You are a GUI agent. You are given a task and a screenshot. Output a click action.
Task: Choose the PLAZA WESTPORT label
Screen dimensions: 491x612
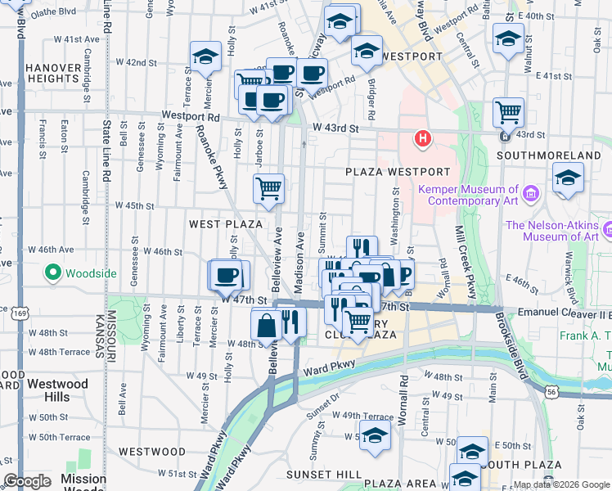[397, 172]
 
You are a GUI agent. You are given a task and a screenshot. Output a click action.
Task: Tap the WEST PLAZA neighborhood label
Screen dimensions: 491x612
[226, 224]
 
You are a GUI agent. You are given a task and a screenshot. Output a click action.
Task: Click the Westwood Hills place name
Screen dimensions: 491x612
[57, 390]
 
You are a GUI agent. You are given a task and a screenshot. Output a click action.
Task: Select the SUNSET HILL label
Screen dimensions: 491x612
[317, 475]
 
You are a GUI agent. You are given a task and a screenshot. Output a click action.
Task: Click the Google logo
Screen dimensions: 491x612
[27, 481]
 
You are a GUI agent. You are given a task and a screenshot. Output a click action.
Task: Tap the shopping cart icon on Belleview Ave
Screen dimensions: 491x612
[268, 189]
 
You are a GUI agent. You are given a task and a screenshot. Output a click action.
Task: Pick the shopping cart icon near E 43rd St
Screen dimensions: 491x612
[509, 110]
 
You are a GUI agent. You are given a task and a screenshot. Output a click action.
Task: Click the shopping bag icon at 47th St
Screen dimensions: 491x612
[267, 324]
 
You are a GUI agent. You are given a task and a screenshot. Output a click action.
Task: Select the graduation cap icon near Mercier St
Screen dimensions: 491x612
[205, 56]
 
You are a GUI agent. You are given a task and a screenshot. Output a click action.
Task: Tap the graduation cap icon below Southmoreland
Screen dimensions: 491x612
[567, 178]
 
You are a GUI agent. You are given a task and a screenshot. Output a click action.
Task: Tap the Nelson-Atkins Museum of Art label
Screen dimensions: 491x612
[552, 231]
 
